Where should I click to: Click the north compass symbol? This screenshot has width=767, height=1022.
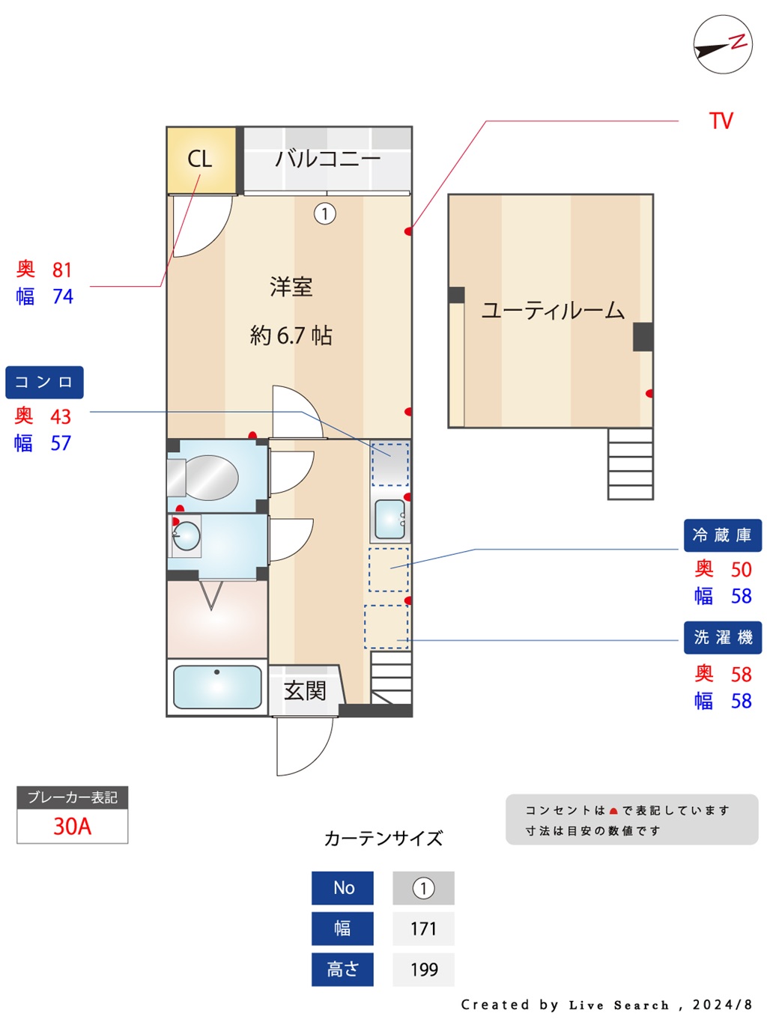(x=722, y=44)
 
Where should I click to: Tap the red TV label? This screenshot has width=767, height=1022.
(x=721, y=121)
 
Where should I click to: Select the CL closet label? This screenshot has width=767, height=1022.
(x=200, y=159)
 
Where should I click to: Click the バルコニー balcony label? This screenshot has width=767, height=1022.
(x=327, y=159)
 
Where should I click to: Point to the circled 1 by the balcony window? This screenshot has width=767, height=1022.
(x=324, y=213)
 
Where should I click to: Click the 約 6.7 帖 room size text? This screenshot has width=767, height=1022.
(x=291, y=335)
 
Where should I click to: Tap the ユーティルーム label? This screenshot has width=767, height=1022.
(x=552, y=310)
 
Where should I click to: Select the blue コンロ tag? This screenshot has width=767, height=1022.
(x=44, y=382)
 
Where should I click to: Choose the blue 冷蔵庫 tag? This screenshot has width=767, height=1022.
(x=722, y=535)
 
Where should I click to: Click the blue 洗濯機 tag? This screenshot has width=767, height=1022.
(x=722, y=637)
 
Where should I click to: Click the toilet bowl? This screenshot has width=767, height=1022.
(x=203, y=477)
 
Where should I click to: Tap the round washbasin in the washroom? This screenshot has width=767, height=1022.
(x=187, y=536)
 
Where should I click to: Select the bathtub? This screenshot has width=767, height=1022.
(x=217, y=687)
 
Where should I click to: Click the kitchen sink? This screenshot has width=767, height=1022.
(x=389, y=519)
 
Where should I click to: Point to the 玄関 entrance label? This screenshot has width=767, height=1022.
(x=305, y=691)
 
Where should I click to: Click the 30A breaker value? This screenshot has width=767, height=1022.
(x=72, y=826)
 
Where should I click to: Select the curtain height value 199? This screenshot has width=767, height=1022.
(x=424, y=970)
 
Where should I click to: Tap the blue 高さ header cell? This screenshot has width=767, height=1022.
(x=342, y=970)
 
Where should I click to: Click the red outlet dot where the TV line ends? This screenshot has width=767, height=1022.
(x=408, y=231)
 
